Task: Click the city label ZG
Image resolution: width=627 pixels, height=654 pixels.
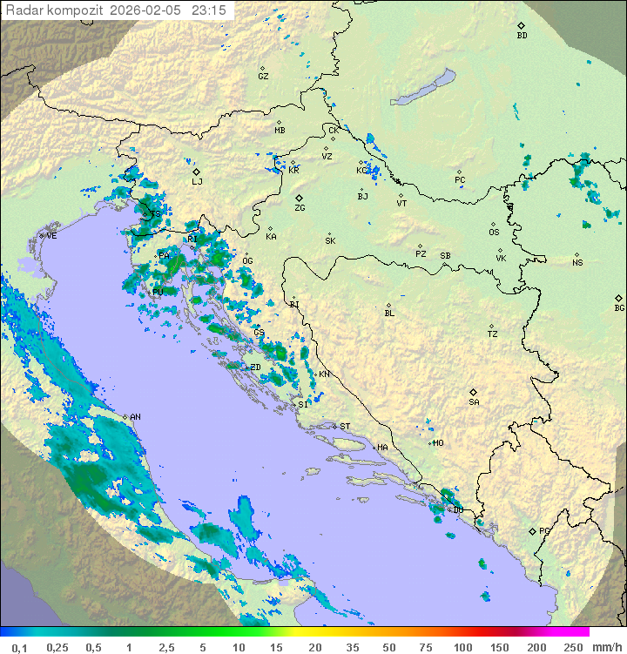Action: [x=300, y=208]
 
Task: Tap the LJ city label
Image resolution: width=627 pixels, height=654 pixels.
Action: [x=197, y=181]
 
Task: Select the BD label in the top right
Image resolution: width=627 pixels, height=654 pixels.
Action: [x=522, y=36]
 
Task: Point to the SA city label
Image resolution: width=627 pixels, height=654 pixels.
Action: [x=474, y=401]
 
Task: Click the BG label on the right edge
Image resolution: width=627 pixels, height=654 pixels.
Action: [x=619, y=307]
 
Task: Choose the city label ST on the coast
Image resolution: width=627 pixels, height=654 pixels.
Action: [x=345, y=426]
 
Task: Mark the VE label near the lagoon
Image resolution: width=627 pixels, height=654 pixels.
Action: [x=51, y=235]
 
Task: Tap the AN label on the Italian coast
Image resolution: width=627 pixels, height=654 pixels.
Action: [x=135, y=417]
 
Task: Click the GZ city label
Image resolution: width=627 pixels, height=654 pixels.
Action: [x=263, y=76]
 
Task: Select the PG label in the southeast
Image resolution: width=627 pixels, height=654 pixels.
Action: [x=544, y=530]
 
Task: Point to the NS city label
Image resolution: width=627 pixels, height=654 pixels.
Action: [x=577, y=263]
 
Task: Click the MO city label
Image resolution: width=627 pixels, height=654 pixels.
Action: [x=438, y=442]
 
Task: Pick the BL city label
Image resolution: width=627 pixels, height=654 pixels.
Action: [x=389, y=313]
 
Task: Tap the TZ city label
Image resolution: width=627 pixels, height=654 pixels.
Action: [x=493, y=334]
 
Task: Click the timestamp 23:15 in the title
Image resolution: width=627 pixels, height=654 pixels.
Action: [x=208, y=10]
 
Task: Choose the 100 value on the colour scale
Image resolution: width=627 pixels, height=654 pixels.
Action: [x=462, y=647]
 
